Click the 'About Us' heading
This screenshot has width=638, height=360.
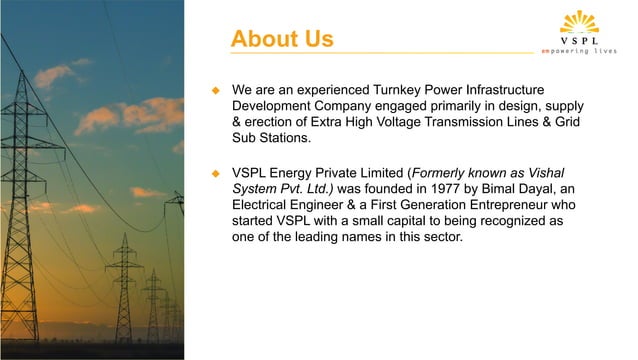[281, 39]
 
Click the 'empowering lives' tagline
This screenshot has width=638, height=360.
[585, 51]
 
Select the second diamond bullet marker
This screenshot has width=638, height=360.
[213, 171]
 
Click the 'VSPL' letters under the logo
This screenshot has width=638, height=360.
[585, 41]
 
